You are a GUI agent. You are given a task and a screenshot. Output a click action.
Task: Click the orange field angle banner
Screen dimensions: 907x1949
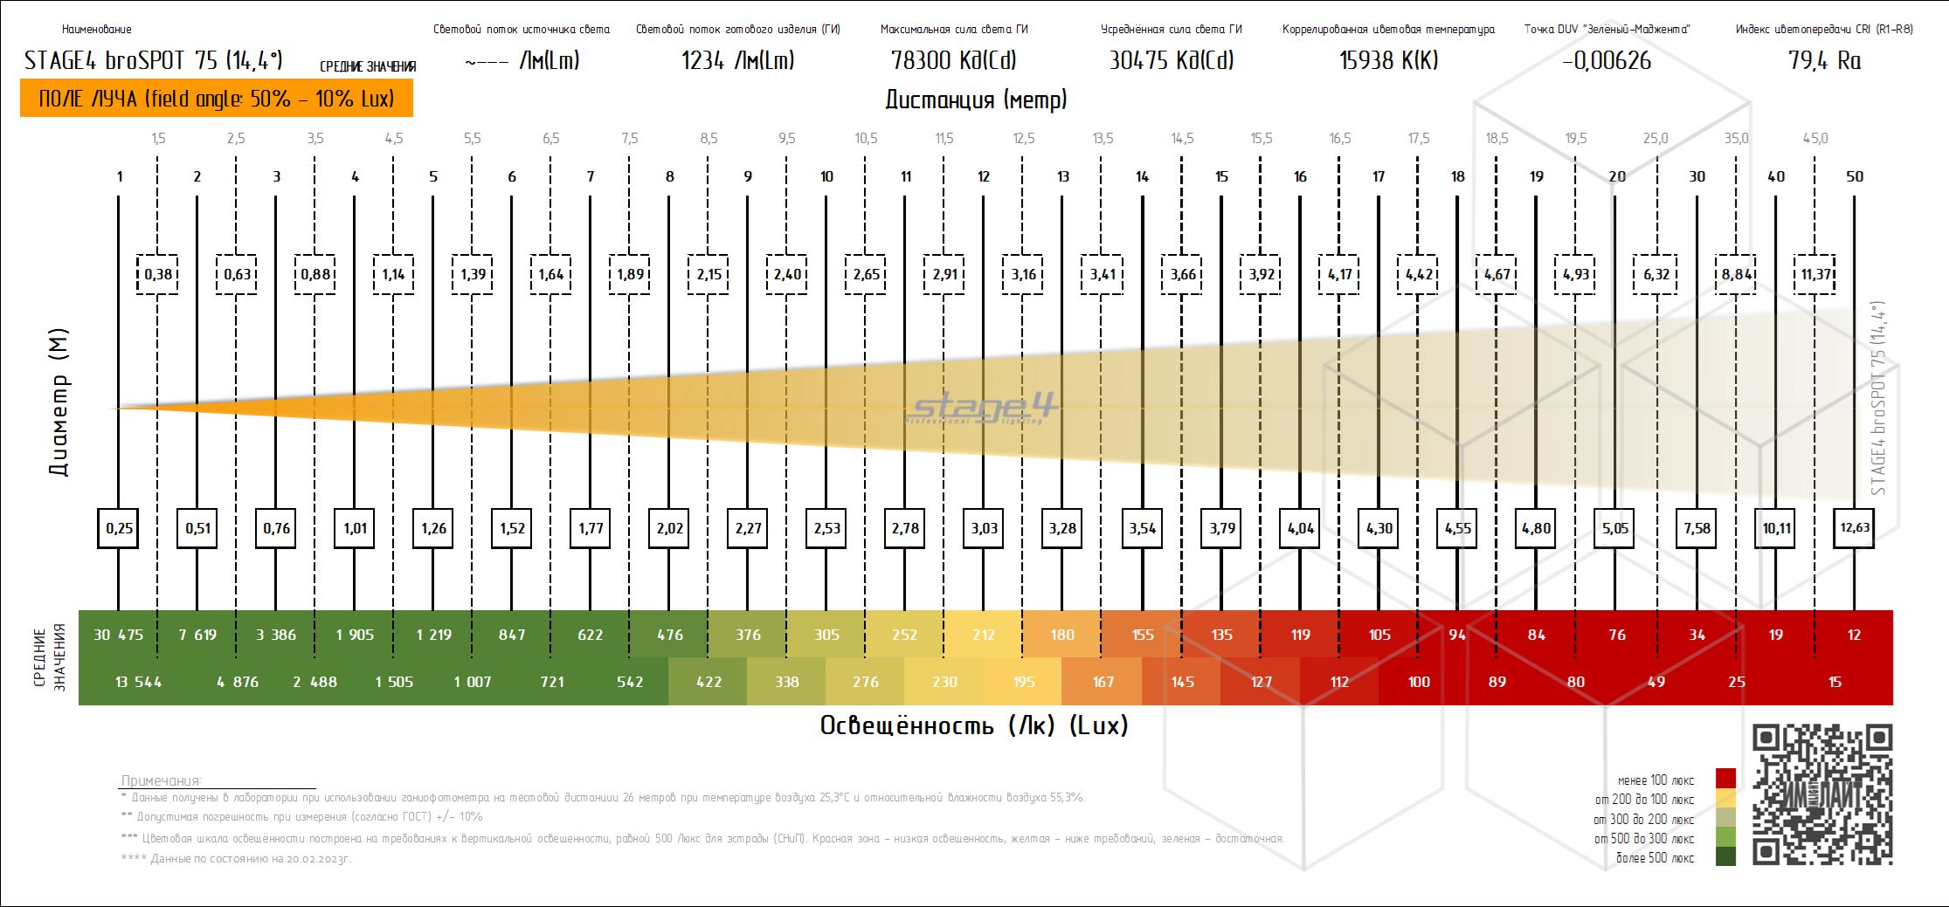(216, 99)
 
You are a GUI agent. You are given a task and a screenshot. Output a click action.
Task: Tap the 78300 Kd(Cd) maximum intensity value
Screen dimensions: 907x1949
(953, 60)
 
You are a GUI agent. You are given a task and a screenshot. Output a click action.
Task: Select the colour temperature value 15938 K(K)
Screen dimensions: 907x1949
(1388, 60)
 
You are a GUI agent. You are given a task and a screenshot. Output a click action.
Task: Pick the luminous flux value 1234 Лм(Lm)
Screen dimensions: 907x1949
(737, 60)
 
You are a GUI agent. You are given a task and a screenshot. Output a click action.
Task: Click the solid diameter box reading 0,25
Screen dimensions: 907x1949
(119, 528)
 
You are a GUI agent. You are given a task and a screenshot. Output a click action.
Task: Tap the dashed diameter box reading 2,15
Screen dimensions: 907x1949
(708, 274)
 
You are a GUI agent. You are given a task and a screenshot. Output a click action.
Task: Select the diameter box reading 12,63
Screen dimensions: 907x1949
(1854, 528)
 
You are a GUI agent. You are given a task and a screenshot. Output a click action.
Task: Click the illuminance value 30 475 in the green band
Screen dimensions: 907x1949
(118, 635)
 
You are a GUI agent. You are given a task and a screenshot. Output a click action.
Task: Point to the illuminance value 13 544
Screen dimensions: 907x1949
(138, 682)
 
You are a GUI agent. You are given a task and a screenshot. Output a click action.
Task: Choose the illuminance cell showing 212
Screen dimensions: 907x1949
(984, 635)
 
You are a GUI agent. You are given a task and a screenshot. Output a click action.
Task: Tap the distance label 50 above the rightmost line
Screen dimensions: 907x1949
(1854, 176)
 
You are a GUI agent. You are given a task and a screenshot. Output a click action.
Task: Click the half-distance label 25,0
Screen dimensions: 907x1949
(1655, 138)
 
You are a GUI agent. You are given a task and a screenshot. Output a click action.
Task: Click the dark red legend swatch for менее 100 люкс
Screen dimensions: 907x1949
(1725, 778)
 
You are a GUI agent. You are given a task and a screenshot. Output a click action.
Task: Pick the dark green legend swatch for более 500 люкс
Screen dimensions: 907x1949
(1725, 856)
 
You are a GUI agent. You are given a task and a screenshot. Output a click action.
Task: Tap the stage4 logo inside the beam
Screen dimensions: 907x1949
(982, 409)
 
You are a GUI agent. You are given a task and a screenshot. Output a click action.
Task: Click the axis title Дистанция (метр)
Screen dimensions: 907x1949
(976, 100)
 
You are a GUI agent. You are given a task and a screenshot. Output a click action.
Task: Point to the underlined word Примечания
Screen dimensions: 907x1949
(161, 780)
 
